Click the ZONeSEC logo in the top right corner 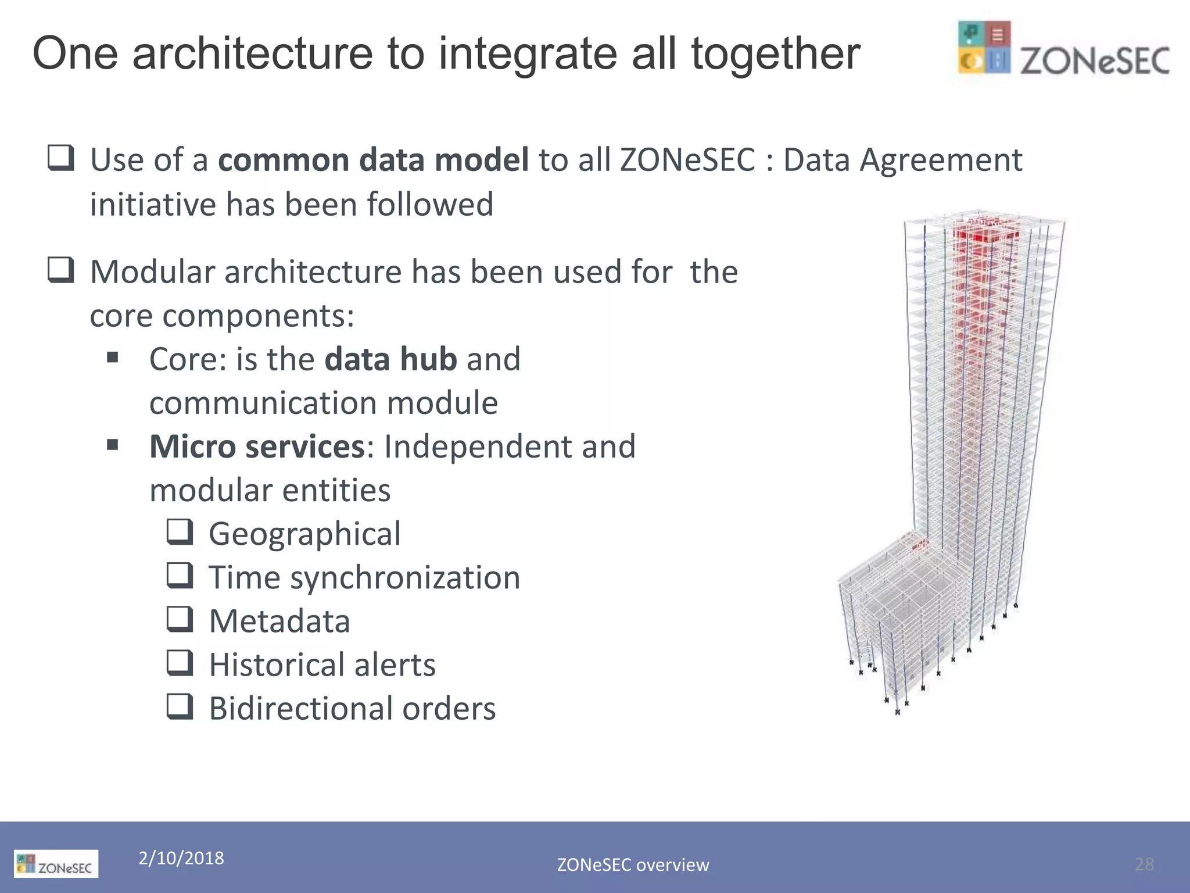click(x=1063, y=49)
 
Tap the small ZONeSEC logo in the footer click(x=56, y=864)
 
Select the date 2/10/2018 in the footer click(x=181, y=858)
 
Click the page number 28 click(x=1144, y=864)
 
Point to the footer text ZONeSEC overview click(x=633, y=865)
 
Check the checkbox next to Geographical click(x=180, y=531)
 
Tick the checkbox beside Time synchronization click(x=180, y=575)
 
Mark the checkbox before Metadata click(x=180, y=619)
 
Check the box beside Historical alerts click(x=180, y=662)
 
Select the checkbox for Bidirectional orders click(x=180, y=706)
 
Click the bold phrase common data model click(x=373, y=160)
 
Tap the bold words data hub click(x=390, y=359)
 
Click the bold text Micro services click(x=257, y=446)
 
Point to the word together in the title click(x=775, y=53)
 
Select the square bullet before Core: click(x=113, y=357)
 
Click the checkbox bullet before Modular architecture click(x=61, y=270)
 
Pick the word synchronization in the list click(x=405, y=578)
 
